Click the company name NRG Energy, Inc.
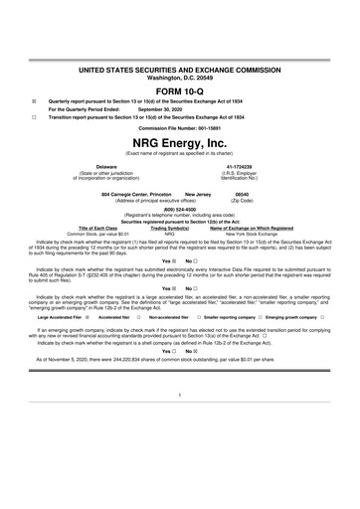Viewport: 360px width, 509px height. pyautogui.click(x=180, y=142)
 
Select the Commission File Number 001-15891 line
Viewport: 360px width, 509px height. pyautogui.click(x=180, y=128)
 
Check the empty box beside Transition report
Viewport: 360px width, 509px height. pyautogui.click(x=33, y=117)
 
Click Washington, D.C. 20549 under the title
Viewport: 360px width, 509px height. pyautogui.click(x=180, y=77)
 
